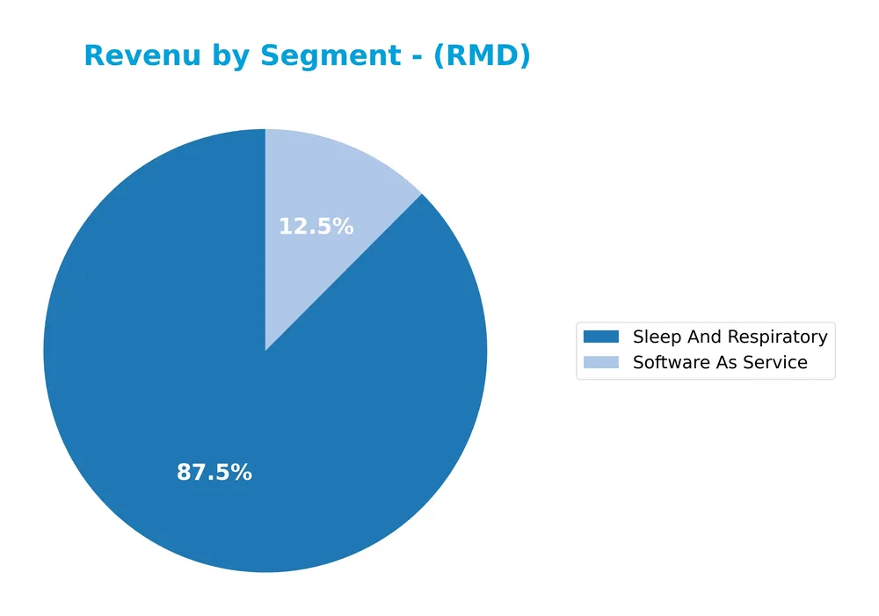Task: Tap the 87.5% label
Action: point(214,472)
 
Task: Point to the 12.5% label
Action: point(316,227)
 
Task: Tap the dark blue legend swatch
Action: point(601,337)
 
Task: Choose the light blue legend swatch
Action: point(601,362)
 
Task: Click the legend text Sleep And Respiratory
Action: point(730,337)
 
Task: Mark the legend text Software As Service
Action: point(720,362)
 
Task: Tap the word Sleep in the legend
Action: point(654,337)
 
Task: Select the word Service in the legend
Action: point(777,362)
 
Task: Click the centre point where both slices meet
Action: point(265,351)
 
